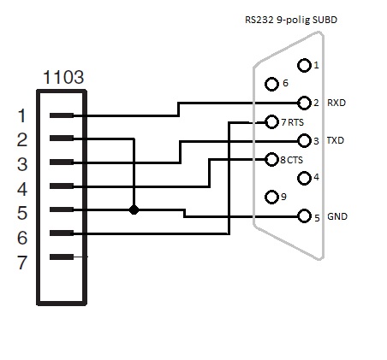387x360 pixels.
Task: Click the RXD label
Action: pos(336,103)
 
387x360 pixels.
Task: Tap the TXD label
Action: pos(336,140)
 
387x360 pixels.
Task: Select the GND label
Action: pos(337,216)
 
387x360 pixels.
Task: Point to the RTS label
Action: pos(295,122)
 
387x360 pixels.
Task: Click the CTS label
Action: pos(295,160)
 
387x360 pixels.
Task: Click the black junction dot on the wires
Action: pos(134,210)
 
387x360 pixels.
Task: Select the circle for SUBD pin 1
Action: pos(304,65)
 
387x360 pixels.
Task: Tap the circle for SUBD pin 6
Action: pos(271,84)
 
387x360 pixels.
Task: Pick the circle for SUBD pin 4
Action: pos(304,179)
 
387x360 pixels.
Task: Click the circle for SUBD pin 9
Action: pos(271,197)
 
